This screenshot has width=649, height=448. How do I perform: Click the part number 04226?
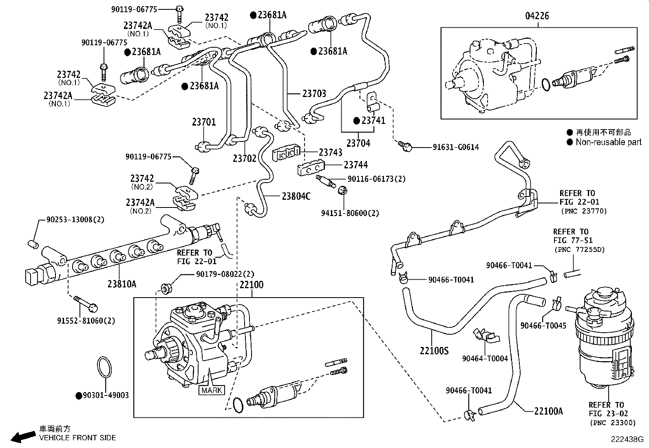click(537, 16)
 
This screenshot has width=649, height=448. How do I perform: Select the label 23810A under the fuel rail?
click(122, 284)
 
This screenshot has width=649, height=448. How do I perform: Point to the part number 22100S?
click(434, 350)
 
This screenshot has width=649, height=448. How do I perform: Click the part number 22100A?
click(548, 411)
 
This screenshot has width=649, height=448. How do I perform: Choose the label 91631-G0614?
click(455, 147)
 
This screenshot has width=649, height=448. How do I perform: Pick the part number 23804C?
click(296, 196)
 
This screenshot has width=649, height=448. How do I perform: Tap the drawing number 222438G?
click(627, 439)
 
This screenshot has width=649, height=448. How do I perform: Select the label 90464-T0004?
click(485, 358)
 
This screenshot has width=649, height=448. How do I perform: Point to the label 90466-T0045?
click(543, 326)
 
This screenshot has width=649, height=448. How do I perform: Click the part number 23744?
click(355, 165)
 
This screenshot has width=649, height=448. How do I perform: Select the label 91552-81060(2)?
click(86, 321)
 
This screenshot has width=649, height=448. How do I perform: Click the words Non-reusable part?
click(608, 142)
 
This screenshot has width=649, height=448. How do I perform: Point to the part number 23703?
click(314, 93)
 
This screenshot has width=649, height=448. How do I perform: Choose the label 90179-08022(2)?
click(225, 274)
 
